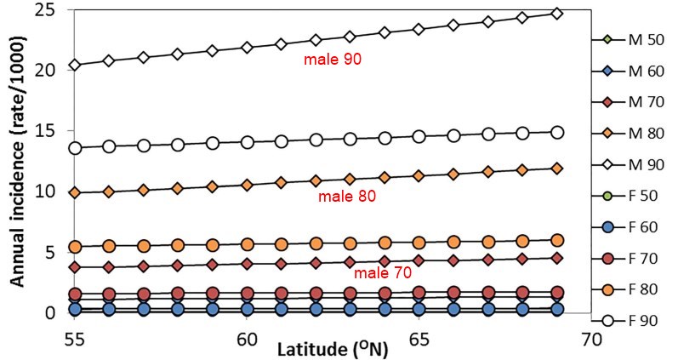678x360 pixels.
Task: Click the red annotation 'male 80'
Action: (347, 197)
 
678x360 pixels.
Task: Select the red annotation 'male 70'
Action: (377, 273)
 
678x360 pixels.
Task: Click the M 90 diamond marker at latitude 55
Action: (75, 65)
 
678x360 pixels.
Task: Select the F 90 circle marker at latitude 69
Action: (556, 132)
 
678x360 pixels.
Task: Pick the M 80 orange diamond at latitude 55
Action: (75, 192)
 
